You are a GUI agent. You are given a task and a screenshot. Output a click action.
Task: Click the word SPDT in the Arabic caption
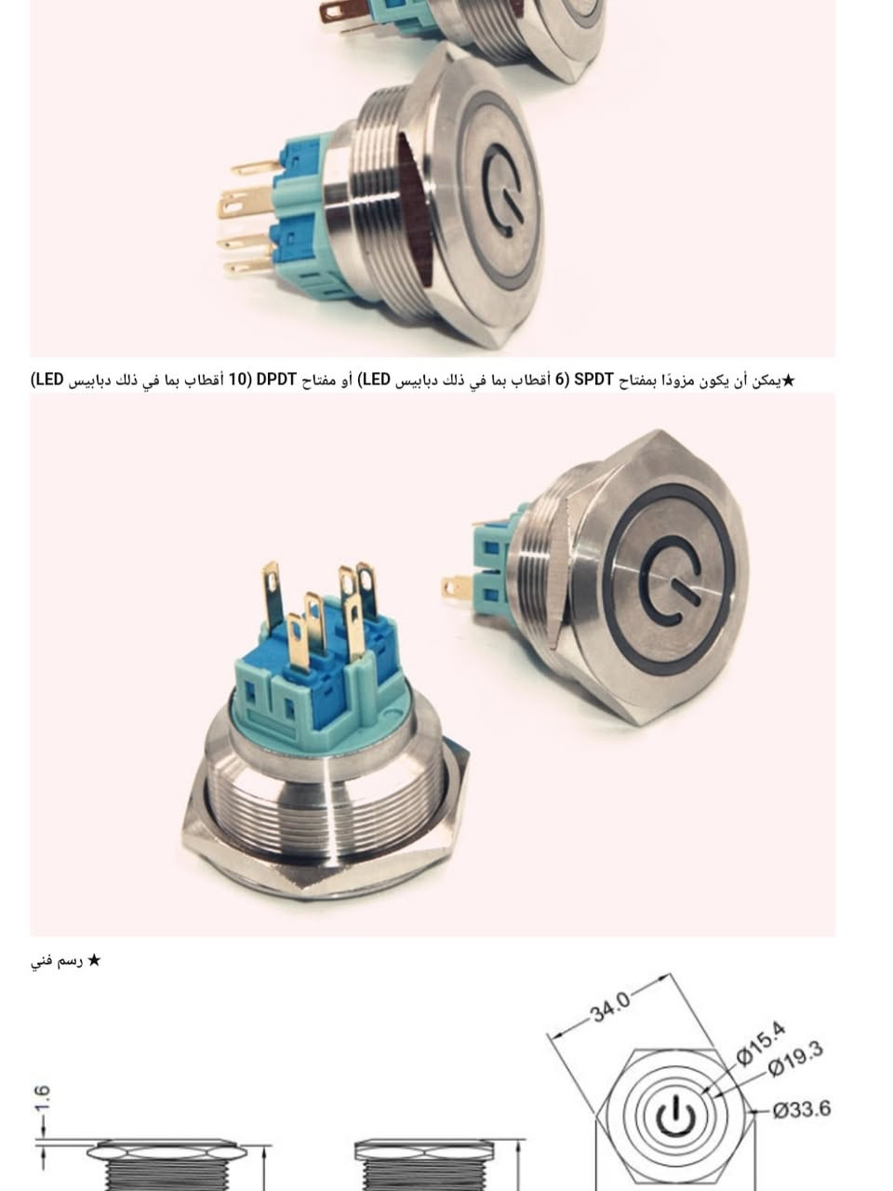[593, 380]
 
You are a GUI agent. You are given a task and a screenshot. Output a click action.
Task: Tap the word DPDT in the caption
[277, 380]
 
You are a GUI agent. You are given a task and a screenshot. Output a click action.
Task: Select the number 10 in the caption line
[237, 380]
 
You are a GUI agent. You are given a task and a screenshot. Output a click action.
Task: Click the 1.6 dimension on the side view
[42, 1098]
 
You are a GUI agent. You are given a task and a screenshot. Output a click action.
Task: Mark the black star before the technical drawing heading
[94, 960]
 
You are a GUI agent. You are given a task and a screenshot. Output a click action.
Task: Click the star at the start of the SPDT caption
[788, 380]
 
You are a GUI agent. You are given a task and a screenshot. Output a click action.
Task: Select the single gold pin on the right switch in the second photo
[456, 586]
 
